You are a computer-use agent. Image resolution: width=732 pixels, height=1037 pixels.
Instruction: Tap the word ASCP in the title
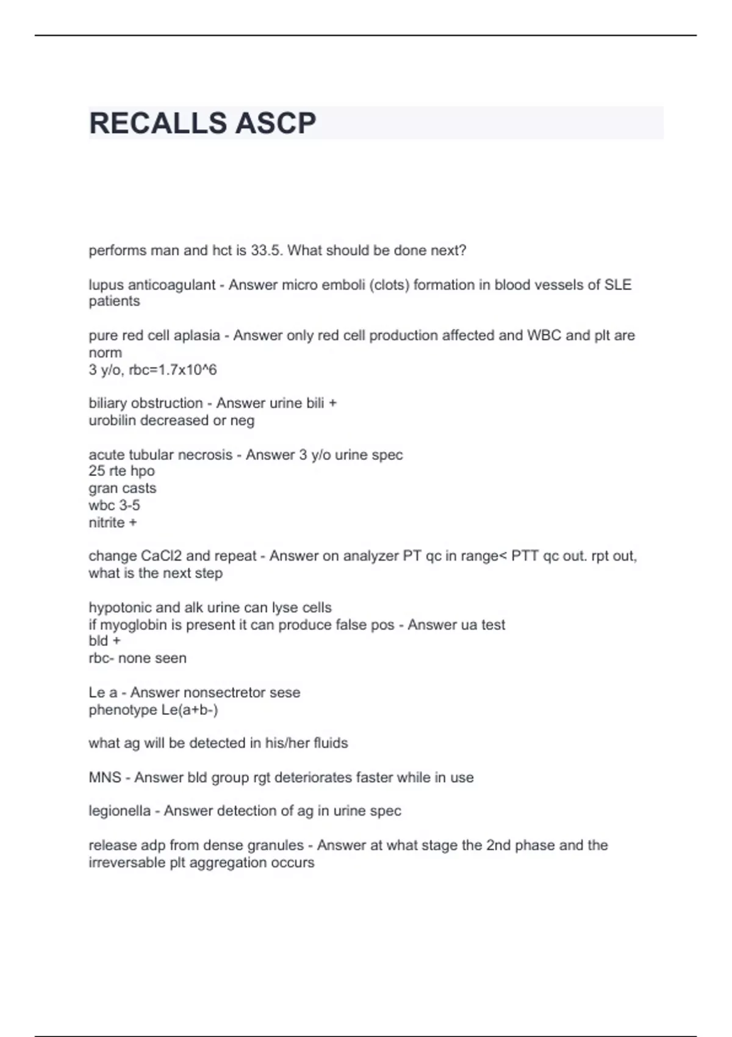coord(275,123)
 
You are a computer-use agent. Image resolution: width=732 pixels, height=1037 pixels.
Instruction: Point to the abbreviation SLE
coord(617,285)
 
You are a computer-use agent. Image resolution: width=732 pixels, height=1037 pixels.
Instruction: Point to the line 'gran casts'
coord(123,489)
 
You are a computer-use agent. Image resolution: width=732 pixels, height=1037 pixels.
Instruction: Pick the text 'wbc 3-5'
coord(114,506)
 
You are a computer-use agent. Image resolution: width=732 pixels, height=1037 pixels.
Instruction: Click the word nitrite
coord(107,523)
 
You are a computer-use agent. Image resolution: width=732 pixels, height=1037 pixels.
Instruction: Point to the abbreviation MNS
coord(105,778)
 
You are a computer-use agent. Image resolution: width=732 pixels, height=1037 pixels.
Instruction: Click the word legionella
coord(120,811)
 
